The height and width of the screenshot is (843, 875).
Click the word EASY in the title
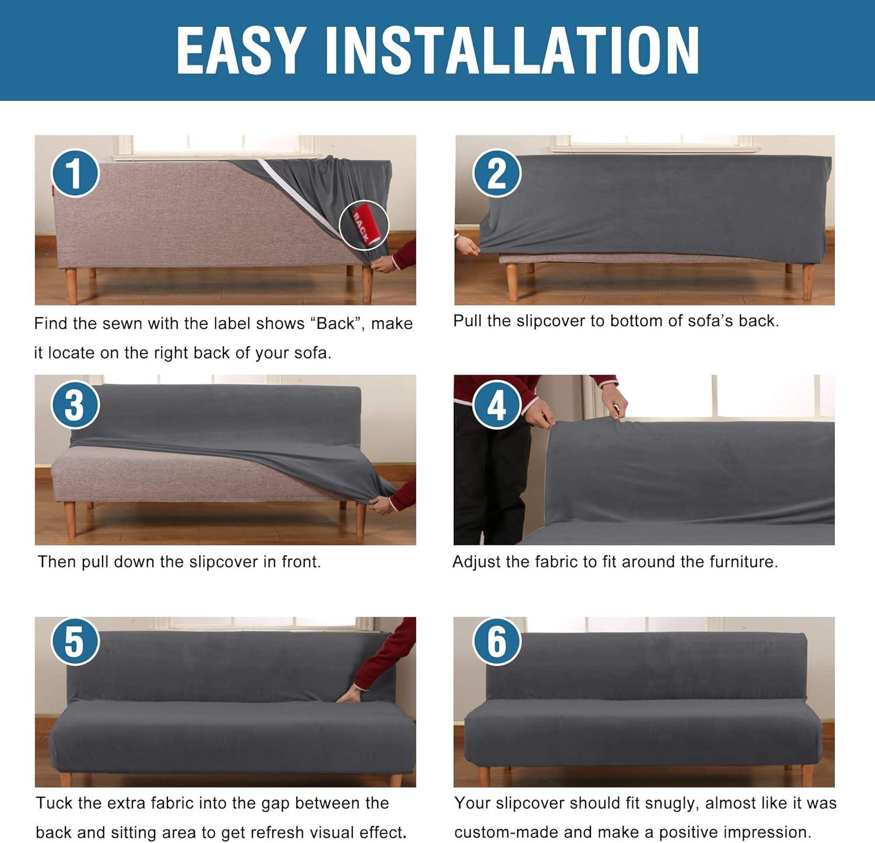(241, 50)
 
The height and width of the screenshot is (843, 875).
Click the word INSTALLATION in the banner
(512, 50)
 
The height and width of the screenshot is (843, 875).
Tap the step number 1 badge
(75, 173)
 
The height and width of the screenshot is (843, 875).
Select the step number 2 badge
(496, 173)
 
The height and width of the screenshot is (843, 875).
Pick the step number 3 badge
(75, 405)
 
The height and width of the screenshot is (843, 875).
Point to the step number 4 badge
(496, 405)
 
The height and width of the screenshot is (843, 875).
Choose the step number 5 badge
(75, 641)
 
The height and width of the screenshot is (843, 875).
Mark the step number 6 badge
(496, 641)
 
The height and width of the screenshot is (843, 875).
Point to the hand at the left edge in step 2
(467, 245)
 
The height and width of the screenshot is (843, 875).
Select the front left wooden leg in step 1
(71, 286)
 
